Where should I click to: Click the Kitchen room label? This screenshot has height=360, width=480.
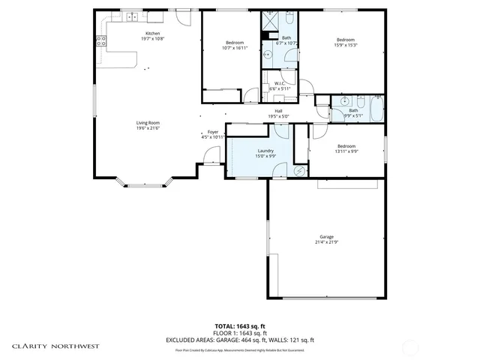(152, 34)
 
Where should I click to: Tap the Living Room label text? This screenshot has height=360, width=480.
(148, 123)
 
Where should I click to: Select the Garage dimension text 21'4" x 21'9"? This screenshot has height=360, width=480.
(325, 241)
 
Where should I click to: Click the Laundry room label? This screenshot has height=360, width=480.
(265, 150)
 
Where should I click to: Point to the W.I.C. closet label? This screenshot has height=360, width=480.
(278, 83)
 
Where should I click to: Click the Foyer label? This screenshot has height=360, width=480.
(213, 132)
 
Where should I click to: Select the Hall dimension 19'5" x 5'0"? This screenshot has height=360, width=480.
(278, 116)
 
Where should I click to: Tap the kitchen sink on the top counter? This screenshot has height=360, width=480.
(132, 16)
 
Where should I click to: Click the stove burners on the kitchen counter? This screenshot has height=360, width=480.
(100, 43)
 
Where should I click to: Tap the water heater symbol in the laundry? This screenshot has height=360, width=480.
(300, 171)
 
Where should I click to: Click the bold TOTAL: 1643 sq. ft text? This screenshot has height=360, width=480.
(240, 326)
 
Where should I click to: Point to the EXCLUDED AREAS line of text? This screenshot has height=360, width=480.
(240, 339)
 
